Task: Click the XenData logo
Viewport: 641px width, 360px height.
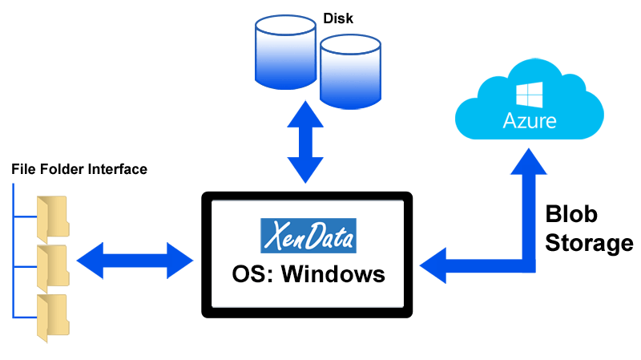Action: [x=308, y=236]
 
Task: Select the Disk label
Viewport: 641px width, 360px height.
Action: [x=337, y=16]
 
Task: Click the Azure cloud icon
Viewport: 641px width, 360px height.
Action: [x=528, y=107]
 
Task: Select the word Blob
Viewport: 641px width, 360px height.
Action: [x=572, y=216]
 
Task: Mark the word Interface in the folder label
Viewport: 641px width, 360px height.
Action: [x=119, y=170]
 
